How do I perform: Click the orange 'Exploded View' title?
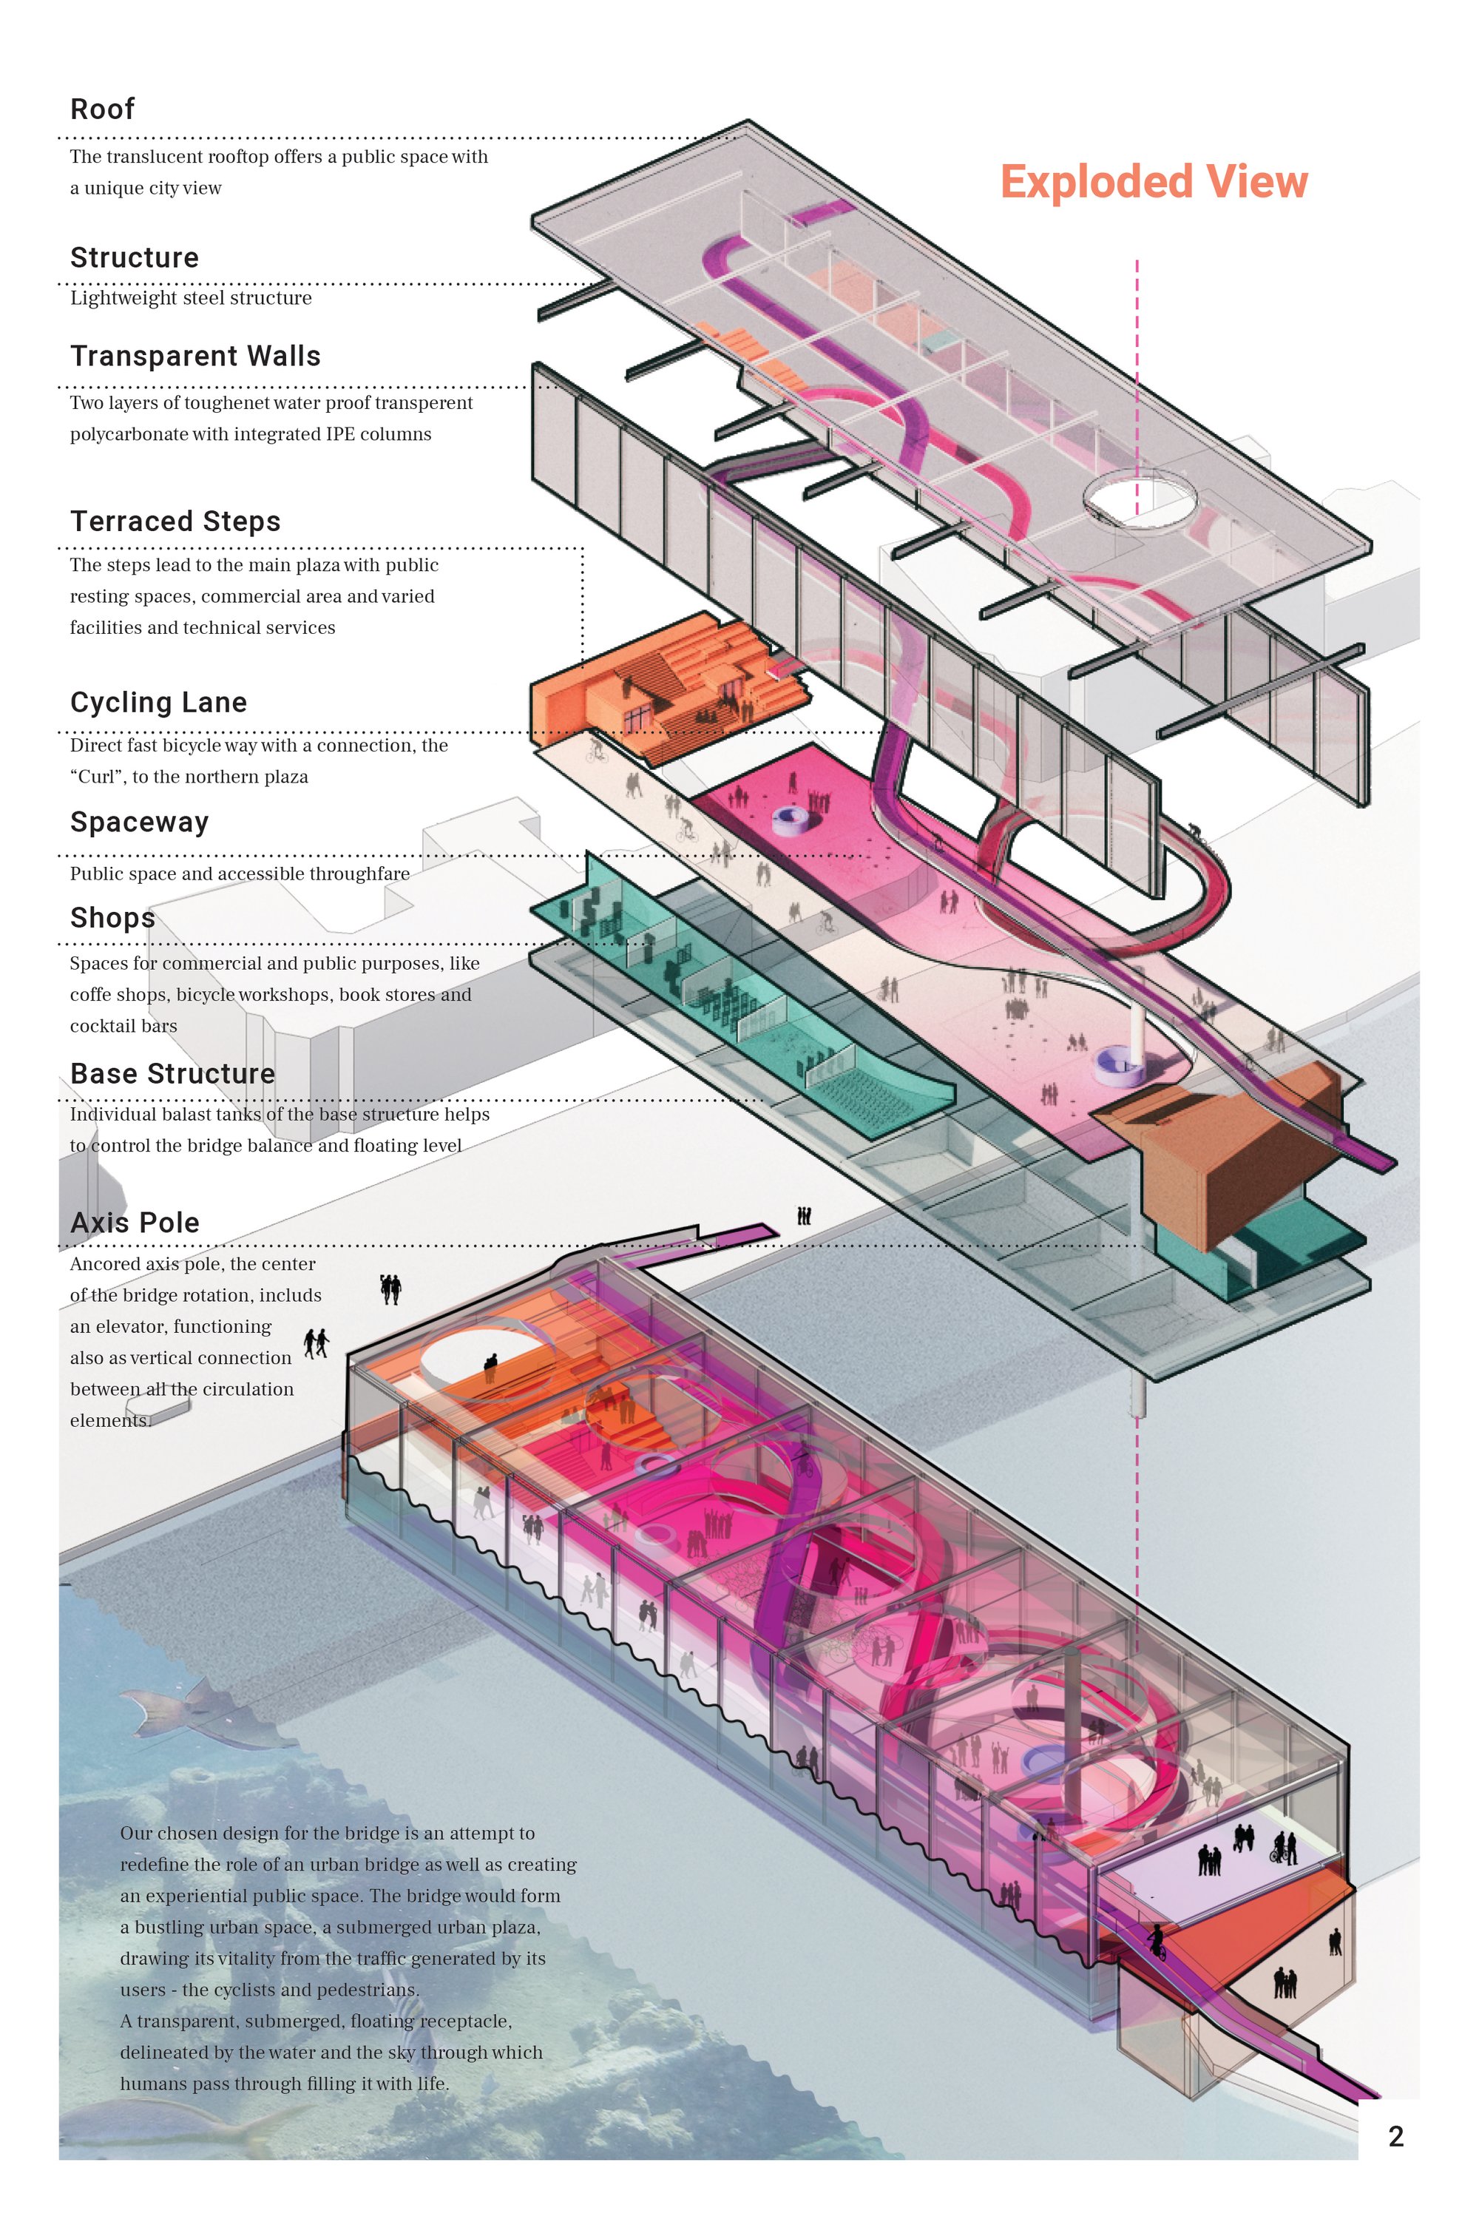tap(1154, 181)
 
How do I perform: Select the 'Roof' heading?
tap(102, 109)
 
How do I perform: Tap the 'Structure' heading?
tap(134, 257)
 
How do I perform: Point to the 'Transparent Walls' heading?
tap(195, 356)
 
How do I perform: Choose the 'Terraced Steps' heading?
tap(175, 521)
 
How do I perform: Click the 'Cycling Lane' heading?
tap(158, 702)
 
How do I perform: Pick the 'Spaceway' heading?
tap(140, 823)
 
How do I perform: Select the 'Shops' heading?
tap(112, 918)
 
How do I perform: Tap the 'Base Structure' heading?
tap(172, 1074)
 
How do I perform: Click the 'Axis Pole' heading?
tap(135, 1223)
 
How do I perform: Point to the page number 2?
tap(1396, 2136)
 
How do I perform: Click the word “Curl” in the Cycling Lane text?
tap(98, 777)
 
